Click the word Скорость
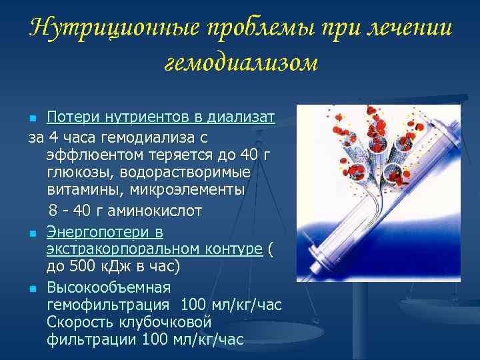click(80, 323)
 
